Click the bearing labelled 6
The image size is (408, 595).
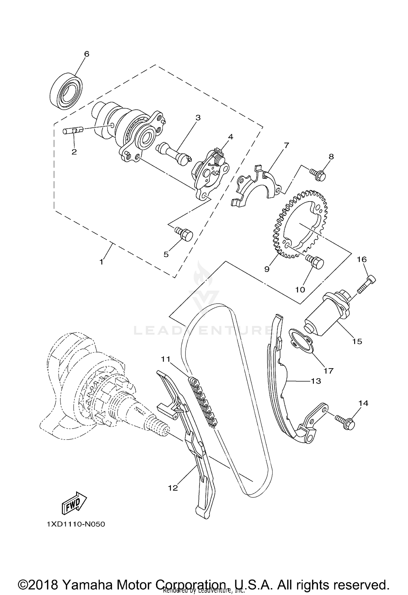pos(67,91)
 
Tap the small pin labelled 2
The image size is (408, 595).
pos(72,131)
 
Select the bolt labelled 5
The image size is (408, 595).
pos(184,234)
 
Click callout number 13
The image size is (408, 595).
pos(316,381)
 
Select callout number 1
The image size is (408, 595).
pos(101,262)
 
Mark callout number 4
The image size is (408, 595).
pos(230,137)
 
